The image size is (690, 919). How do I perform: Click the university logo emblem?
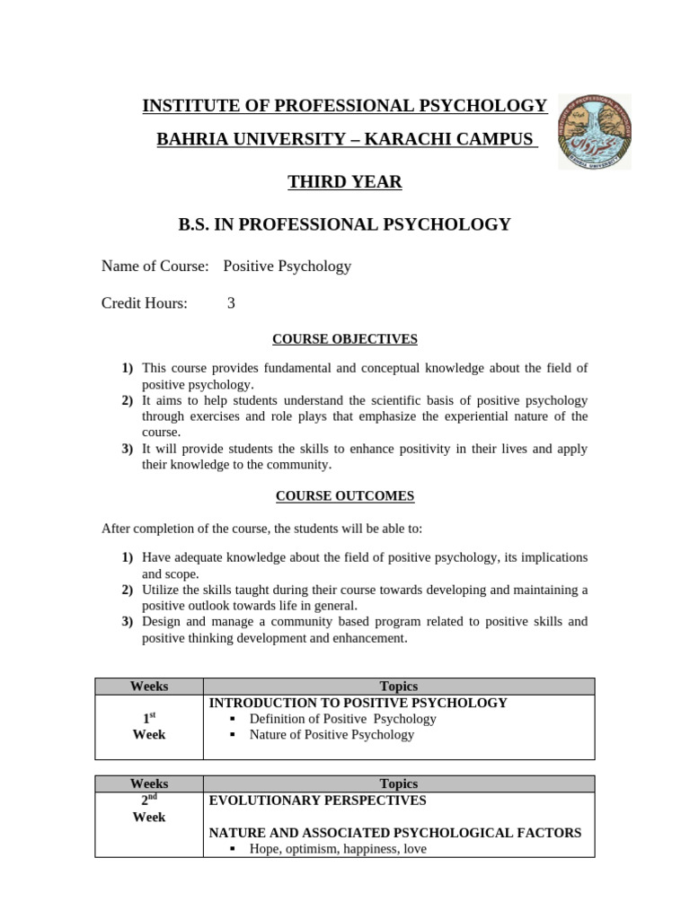594,132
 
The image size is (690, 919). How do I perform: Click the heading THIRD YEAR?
344,182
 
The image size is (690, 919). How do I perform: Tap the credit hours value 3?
231,303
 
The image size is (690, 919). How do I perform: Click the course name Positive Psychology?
287,266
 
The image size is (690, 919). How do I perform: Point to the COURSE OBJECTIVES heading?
345,338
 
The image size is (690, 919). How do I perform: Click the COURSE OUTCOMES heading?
345,495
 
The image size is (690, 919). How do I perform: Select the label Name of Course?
155,266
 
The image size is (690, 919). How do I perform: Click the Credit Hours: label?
145,303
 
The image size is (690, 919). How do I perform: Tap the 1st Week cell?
149,727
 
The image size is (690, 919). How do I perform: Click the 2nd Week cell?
149,808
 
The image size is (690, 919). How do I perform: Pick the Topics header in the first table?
399,687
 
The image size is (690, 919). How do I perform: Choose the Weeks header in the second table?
149,783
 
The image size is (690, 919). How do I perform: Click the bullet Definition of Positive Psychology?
342,719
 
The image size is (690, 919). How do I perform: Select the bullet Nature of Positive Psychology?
332,735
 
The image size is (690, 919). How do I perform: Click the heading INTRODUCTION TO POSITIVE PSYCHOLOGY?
358,703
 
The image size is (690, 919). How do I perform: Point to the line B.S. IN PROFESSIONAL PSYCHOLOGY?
344,224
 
